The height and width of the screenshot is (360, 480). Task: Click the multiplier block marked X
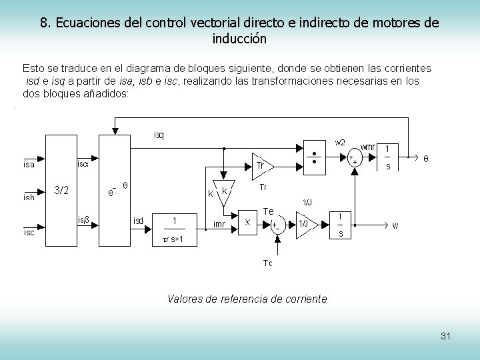pyautogui.click(x=249, y=222)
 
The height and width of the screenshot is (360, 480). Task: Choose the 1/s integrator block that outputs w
pyautogui.click(x=341, y=225)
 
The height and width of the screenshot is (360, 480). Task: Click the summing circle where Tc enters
pyautogui.click(x=275, y=224)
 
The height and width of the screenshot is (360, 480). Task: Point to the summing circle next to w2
pyautogui.click(x=352, y=158)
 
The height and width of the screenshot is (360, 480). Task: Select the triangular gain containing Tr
pyautogui.click(x=262, y=165)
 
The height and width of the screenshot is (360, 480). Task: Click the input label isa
pyautogui.click(x=29, y=164)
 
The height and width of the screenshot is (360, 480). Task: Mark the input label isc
pyautogui.click(x=29, y=233)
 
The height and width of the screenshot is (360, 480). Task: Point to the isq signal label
pyautogui.click(x=159, y=136)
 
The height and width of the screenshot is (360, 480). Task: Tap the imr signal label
pyautogui.click(x=219, y=225)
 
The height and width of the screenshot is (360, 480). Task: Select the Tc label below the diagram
pyautogui.click(x=267, y=263)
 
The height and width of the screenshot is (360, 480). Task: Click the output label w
pyautogui.click(x=395, y=225)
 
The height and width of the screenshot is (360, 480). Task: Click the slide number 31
pyautogui.click(x=445, y=336)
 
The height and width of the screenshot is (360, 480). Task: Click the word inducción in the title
pyautogui.click(x=239, y=39)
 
